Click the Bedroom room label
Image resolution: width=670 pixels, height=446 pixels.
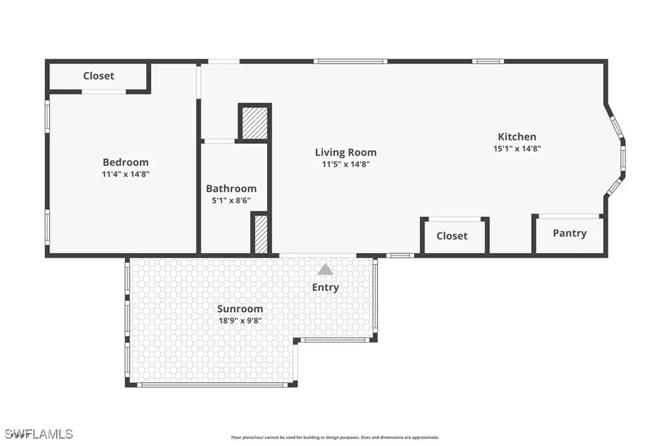pos(126,162)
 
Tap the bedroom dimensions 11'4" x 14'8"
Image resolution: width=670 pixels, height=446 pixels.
pos(126,174)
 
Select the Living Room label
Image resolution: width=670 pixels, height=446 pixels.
pos(345,152)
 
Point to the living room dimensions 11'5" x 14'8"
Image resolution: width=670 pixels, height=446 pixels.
pos(345,164)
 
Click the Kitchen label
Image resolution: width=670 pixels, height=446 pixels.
pos(517,137)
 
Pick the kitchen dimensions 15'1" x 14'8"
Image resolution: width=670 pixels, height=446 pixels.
pos(517,148)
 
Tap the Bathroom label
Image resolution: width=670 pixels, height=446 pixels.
pos(231,189)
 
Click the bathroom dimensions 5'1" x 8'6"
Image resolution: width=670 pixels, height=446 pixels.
pos(231,201)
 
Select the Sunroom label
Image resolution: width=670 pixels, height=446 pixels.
pos(240,309)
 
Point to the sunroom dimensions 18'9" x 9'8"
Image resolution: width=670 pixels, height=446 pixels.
pos(240,320)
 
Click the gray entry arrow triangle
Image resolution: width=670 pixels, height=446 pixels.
pos(325,269)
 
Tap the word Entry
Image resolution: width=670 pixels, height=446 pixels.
pos(325,287)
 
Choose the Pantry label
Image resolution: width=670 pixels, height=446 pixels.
pos(569,233)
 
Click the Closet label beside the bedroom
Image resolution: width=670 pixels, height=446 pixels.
pos(98,76)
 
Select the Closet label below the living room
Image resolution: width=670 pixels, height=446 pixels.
pos(452,235)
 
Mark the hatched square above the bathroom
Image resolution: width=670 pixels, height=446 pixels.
pos(255,122)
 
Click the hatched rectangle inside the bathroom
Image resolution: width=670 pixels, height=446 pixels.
pos(260,234)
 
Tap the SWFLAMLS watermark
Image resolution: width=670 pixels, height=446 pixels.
pos(39,434)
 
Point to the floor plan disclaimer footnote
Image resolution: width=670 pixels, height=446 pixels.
pos(334,437)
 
